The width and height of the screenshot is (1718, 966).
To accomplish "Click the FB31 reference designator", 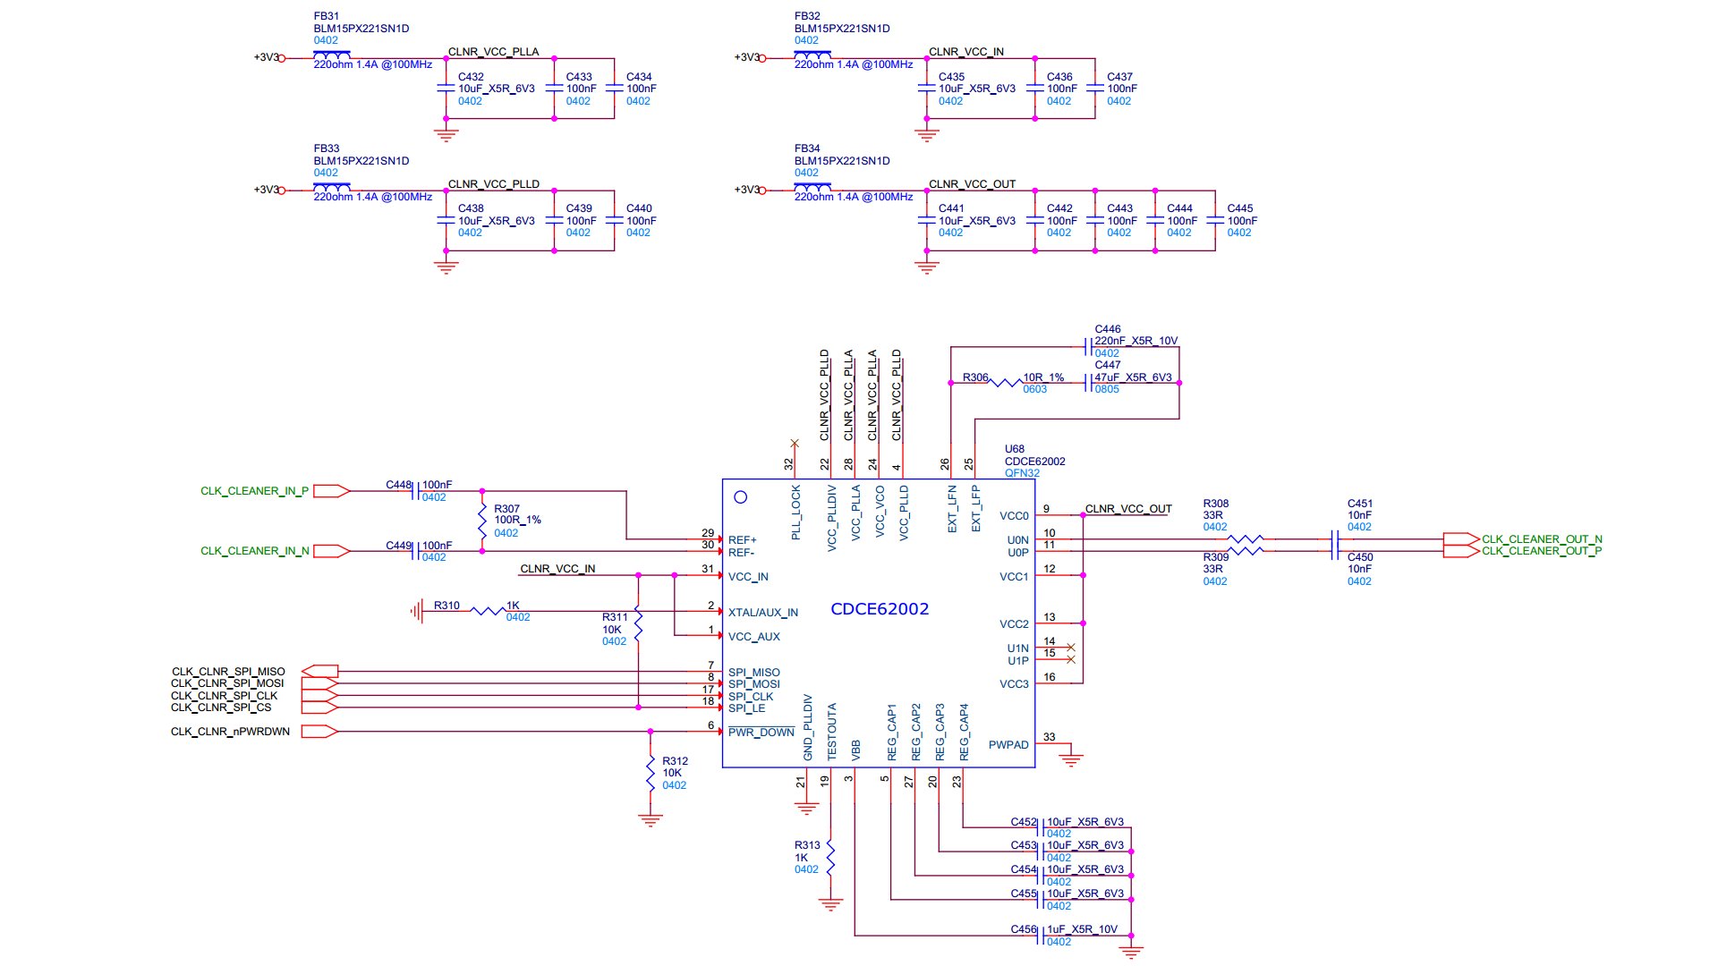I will pos(326,16).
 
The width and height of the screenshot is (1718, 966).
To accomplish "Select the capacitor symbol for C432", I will pos(446,89).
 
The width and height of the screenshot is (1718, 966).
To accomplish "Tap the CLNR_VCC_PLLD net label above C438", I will pos(493,184).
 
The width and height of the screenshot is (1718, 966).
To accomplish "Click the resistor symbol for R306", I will pos(1006,383).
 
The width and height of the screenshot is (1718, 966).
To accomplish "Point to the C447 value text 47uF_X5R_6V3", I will pos(1133,377).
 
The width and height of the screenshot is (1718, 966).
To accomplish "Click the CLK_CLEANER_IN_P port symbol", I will pos(330,491).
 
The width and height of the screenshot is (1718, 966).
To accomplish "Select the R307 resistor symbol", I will pos(482,521).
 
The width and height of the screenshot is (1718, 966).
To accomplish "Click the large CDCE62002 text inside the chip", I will pos(880,609).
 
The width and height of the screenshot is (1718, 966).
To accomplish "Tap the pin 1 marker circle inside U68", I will pos(740,497).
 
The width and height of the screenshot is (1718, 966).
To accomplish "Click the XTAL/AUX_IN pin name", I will pos(762,613).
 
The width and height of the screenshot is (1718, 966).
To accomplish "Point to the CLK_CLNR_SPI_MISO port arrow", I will pos(319,671).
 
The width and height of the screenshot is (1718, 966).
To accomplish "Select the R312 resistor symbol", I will pos(651,773).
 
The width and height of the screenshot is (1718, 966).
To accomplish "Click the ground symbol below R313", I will pos(830,904).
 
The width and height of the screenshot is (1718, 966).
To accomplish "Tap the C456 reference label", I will pos(1023,929).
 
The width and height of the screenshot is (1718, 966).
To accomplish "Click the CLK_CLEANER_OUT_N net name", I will pos(1542,539).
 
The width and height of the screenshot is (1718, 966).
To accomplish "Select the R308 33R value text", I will pos(1212,515).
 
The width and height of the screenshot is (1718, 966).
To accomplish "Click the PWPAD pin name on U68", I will pos(1008,745).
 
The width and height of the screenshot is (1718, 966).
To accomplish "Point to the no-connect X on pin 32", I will pos(795,444).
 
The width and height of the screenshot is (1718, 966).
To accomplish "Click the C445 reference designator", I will pos(1239,208).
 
